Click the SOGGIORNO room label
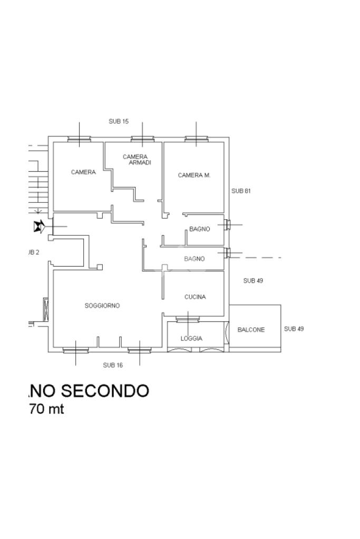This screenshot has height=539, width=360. click(102, 306)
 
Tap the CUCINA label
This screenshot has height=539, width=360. click(195, 297)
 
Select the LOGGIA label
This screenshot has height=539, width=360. click(191, 339)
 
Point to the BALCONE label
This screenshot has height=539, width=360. click(251, 330)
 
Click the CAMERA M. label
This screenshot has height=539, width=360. click(194, 175)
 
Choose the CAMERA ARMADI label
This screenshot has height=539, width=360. click(136, 160)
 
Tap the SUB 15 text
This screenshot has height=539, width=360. click(119, 121)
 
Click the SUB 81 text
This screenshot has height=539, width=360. click(241, 191)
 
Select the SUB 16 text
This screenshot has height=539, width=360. click(113, 365)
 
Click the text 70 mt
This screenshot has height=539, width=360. click(46, 409)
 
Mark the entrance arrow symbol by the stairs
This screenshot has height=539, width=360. click(38, 227)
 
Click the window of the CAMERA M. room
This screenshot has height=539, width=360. click(196, 140)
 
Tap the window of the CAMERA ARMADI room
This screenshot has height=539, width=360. click(142, 140)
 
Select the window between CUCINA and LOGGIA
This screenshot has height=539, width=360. click(187, 319)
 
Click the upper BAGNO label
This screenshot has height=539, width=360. click(200, 229)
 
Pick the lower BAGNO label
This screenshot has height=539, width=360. click(194, 259)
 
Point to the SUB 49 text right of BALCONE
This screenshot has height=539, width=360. click(294, 329)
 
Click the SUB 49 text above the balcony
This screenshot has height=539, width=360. click(253, 281)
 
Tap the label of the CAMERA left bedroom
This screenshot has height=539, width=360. click(83, 172)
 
